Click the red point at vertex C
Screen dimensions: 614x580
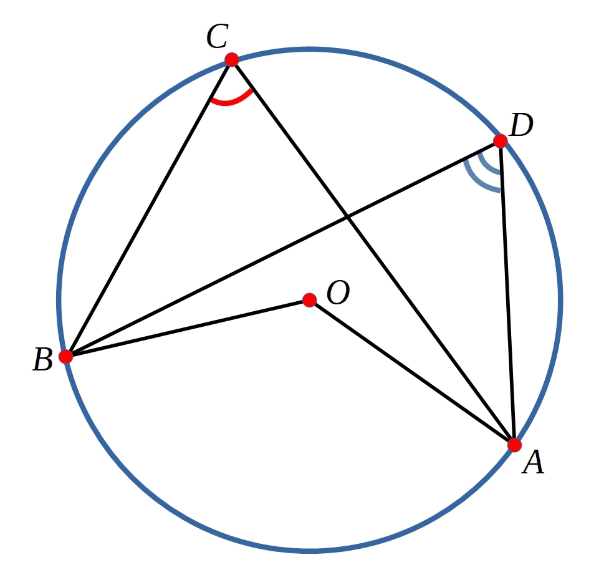click(x=232, y=60)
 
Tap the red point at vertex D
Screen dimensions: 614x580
click(x=501, y=141)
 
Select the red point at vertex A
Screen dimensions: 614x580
click(x=514, y=445)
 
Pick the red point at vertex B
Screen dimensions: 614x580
click(x=66, y=357)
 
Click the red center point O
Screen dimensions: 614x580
click(x=310, y=300)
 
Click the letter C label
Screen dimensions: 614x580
click(x=218, y=36)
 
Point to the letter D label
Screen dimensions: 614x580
click(x=522, y=125)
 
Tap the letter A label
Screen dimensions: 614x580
click(x=534, y=462)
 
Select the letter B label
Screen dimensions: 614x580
click(x=42, y=359)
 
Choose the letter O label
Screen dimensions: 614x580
click(x=338, y=292)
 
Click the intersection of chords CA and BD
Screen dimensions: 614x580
click(x=347, y=216)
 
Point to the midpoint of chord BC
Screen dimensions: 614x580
click(x=149, y=208)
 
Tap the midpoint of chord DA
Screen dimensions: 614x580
click(x=507, y=292)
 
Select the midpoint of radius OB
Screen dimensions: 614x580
click(x=188, y=329)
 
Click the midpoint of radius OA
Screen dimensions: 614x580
click(x=412, y=373)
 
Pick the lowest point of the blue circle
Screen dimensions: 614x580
click(x=310, y=551)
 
